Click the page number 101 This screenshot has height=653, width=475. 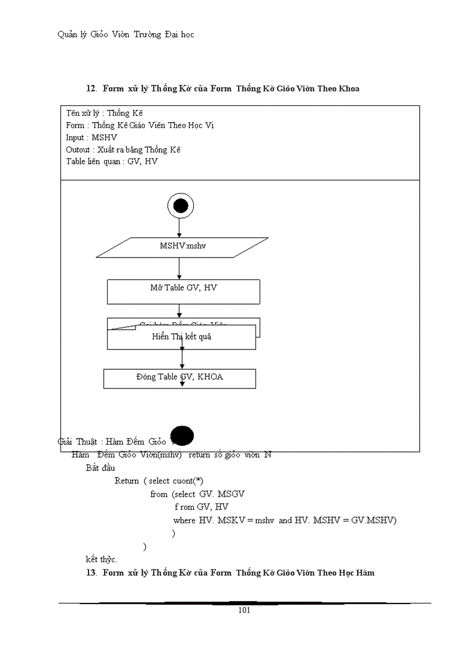tap(244, 611)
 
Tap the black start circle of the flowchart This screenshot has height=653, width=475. tap(180, 205)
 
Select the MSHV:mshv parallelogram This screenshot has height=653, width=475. tap(182, 247)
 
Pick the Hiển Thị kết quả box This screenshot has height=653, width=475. tap(181, 337)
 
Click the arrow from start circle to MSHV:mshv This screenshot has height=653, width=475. tap(179, 227)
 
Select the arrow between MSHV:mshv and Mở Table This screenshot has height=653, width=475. tap(179, 268)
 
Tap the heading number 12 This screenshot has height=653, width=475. tap(91, 88)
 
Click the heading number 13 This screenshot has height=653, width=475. tap(91, 573)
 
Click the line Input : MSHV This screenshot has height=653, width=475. tap(91, 137)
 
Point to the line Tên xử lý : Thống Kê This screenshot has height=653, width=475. tap(104, 113)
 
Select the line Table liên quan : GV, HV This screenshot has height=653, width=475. tap(112, 162)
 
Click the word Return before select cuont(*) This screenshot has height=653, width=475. tap(126, 481)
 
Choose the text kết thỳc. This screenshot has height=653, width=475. tap(101, 559)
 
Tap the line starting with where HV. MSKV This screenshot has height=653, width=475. tap(285, 520)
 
